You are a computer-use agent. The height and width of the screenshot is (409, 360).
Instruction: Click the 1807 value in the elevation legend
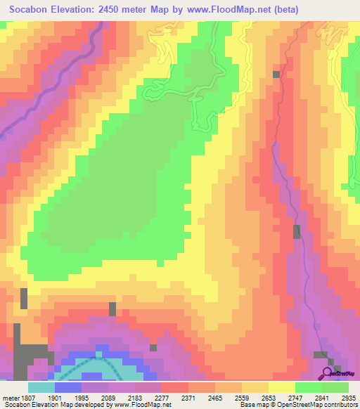pyautogui.click(x=21, y=397)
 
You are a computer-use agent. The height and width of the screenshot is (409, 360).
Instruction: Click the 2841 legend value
pyautogui.click(x=324, y=397)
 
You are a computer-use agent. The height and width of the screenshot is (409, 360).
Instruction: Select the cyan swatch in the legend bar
pyautogui.click(x=41, y=387)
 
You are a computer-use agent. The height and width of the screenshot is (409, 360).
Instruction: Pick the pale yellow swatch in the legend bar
pyautogui.click(x=282, y=387)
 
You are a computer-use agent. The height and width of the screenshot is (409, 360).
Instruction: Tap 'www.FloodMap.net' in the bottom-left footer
pyautogui.click(x=142, y=405)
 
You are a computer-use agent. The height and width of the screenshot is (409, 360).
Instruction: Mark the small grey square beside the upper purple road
pyautogui.click(x=276, y=74)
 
